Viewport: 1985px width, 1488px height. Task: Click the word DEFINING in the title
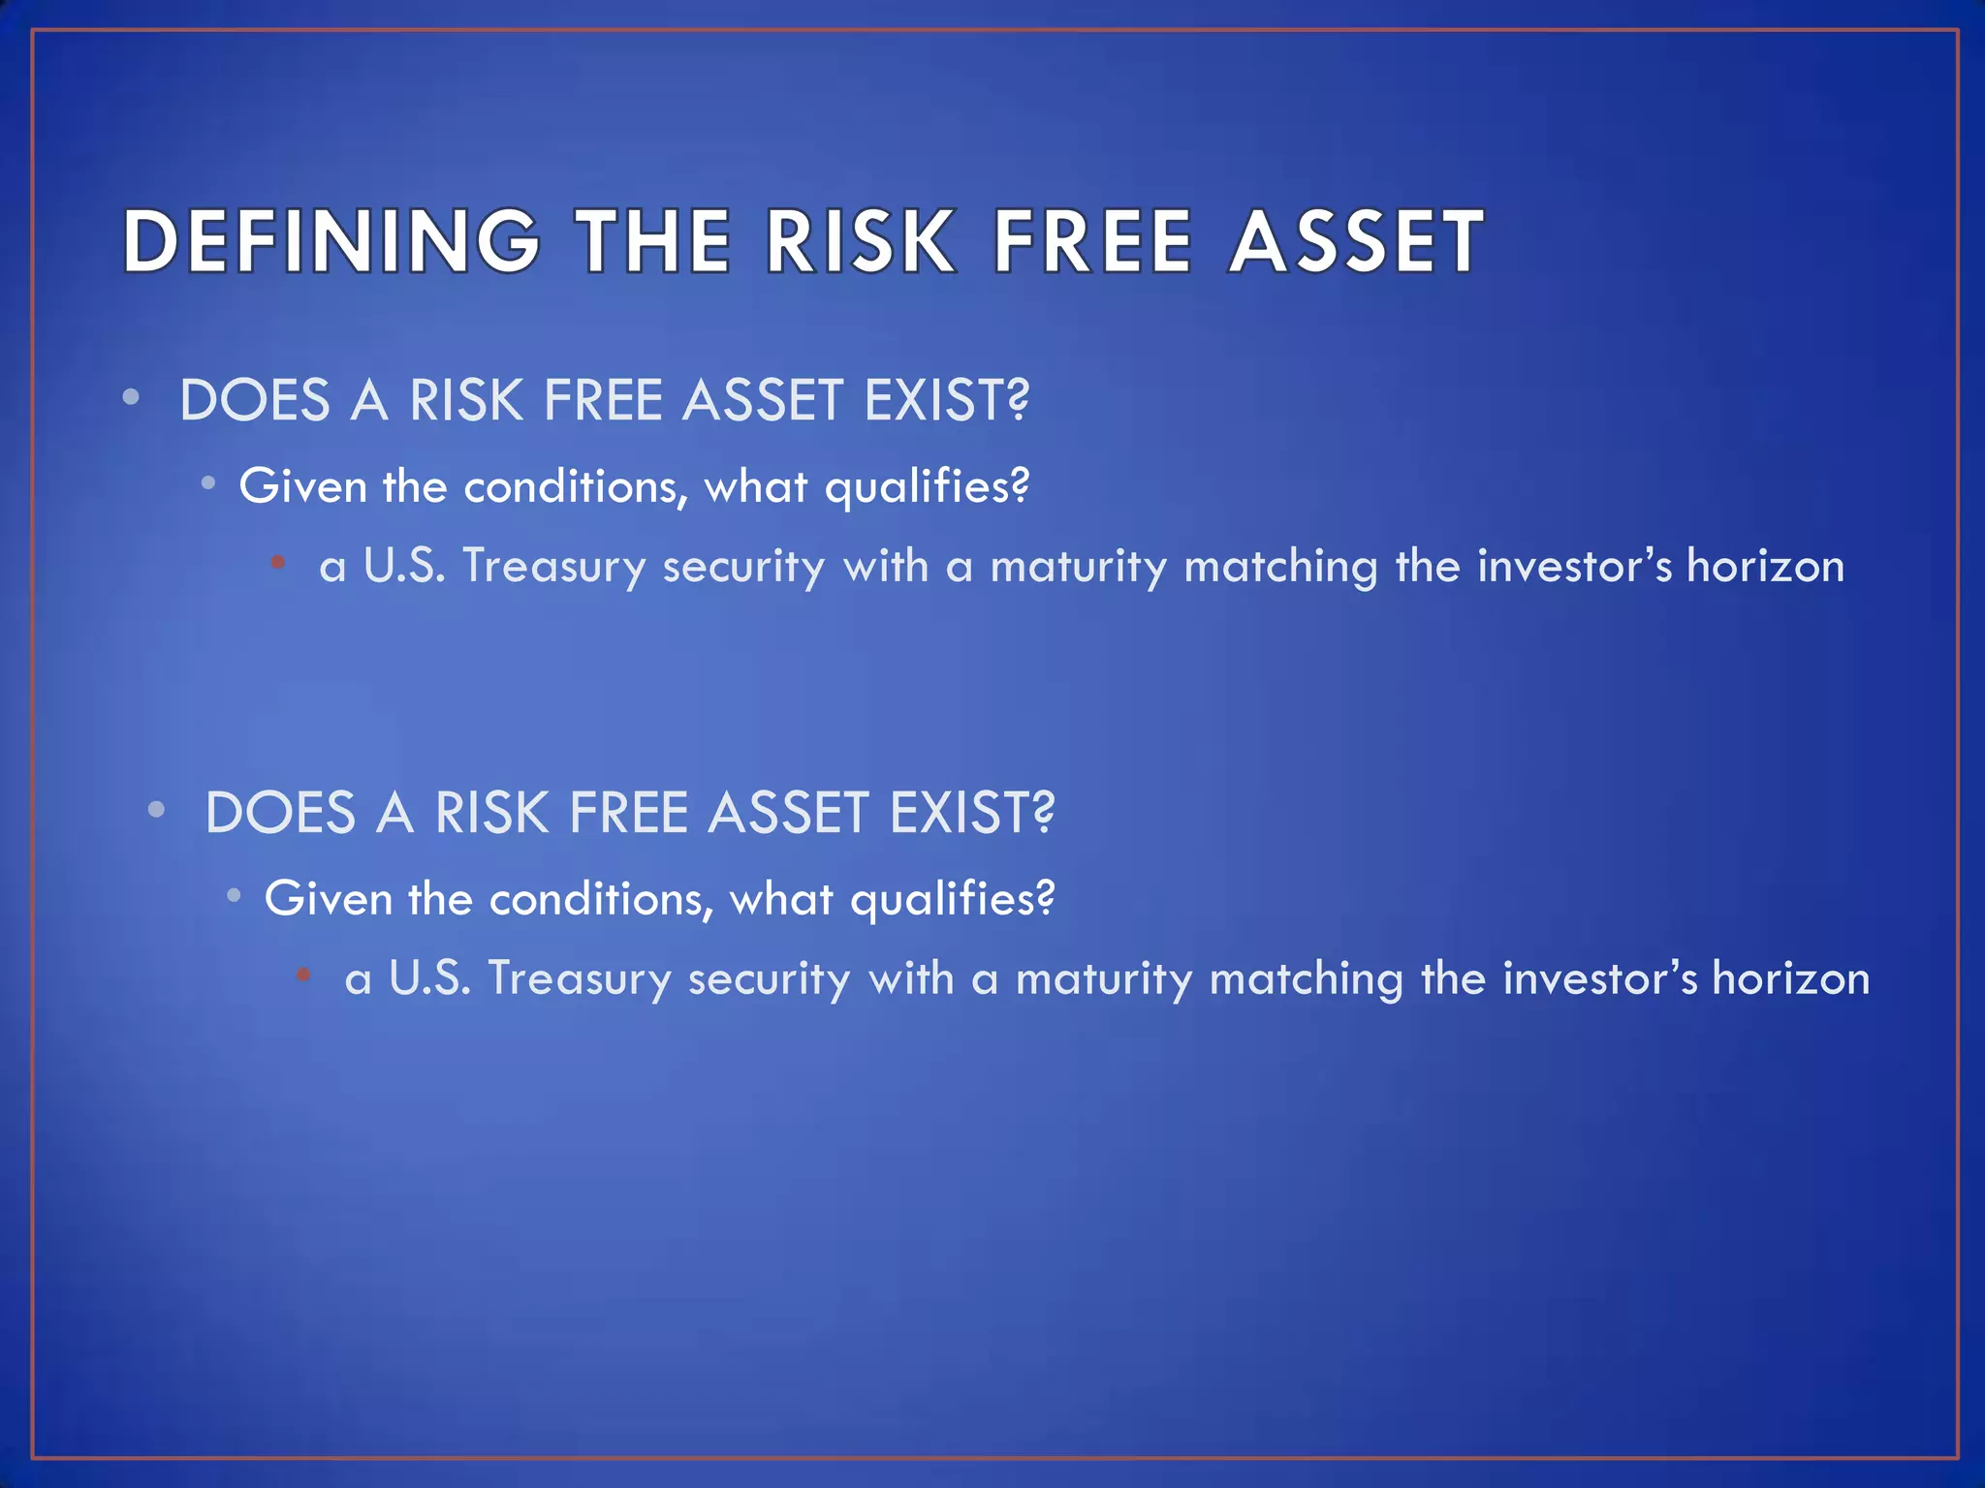(331, 241)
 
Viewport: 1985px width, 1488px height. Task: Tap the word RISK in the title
(860, 241)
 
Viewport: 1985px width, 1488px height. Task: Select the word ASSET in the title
(1356, 241)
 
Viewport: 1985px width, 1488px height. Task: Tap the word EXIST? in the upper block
(946, 400)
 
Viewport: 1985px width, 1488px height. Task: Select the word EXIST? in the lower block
(971, 813)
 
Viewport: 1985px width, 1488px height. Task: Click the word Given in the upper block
(302, 485)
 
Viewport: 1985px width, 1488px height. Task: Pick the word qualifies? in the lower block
(952, 899)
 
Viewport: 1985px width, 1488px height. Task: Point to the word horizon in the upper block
(1765, 566)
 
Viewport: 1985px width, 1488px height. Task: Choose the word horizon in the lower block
(1790, 978)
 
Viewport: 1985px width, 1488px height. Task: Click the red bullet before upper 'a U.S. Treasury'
(278, 562)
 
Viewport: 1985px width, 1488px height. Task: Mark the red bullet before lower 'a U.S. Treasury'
(303, 975)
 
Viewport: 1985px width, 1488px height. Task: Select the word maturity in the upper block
(1078, 566)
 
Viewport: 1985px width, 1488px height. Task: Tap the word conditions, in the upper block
(576, 485)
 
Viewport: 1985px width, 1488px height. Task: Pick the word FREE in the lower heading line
(628, 813)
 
